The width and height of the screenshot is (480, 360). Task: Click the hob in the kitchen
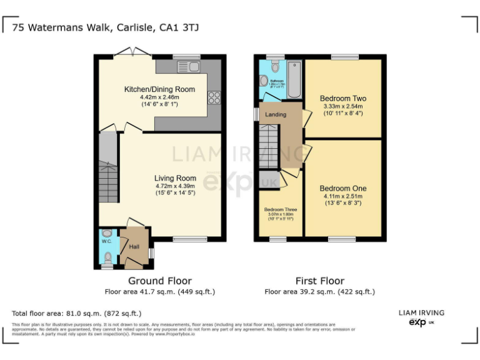click(x=214, y=97)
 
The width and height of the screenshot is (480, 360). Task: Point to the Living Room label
click(x=175, y=178)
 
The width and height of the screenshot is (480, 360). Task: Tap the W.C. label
click(x=106, y=241)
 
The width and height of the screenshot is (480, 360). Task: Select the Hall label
click(x=134, y=247)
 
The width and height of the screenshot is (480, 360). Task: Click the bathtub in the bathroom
click(x=294, y=80)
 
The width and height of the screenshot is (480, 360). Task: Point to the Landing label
click(x=276, y=115)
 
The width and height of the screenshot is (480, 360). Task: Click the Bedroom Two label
click(x=342, y=99)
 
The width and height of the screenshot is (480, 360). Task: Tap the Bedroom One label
click(x=342, y=188)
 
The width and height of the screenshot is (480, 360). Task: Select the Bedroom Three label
click(x=280, y=209)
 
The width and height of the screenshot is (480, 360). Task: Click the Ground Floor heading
click(x=159, y=281)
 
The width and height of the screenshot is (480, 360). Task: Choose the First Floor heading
click(x=319, y=281)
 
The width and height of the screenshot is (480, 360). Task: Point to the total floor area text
click(x=77, y=313)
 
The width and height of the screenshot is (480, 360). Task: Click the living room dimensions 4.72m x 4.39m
click(x=175, y=186)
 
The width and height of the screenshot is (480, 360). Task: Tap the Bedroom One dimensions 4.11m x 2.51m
click(x=342, y=196)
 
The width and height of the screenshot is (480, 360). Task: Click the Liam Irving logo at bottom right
click(x=421, y=317)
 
